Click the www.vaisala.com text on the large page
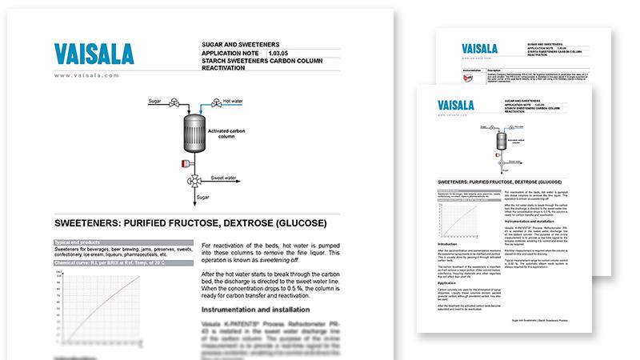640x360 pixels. pos(87,75)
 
